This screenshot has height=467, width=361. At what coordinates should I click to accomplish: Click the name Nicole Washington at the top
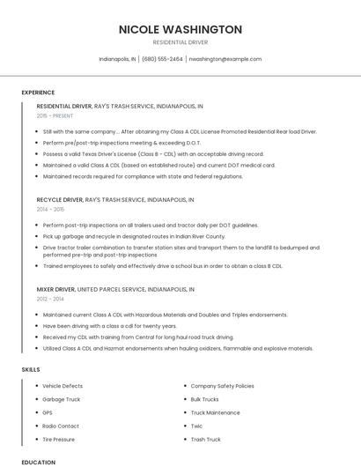[x=180, y=29]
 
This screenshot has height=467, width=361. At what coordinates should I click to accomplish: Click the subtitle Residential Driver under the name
[x=180, y=42]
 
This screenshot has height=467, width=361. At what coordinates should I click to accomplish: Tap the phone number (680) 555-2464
[x=162, y=59]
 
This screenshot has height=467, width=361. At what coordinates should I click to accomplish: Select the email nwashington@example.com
[x=225, y=59]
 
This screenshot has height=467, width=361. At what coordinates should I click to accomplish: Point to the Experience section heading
[x=38, y=93]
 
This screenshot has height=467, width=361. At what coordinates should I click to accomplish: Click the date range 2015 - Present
[x=55, y=115]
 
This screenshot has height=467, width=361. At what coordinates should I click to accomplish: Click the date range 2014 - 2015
[x=50, y=210]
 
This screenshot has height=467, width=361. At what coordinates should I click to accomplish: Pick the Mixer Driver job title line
[x=116, y=289]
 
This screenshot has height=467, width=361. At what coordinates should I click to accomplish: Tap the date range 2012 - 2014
[x=50, y=299]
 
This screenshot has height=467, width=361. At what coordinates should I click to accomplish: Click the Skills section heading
[x=30, y=368]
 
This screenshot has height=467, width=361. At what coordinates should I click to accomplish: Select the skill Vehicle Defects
[x=63, y=386]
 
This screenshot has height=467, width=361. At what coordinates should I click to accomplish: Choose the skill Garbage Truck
[x=61, y=399]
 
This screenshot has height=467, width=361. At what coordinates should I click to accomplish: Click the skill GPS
[x=48, y=412]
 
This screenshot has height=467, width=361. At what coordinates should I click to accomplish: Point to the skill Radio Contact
[x=60, y=426]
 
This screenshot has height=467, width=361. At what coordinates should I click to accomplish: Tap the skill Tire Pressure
[x=59, y=439]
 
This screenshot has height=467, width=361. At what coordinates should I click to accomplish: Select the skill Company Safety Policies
[x=222, y=386]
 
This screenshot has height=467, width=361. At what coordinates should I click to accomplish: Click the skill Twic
[x=197, y=426]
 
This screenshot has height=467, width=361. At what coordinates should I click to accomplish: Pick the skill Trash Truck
[x=205, y=439]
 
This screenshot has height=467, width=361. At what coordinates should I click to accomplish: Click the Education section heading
[x=38, y=462]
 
